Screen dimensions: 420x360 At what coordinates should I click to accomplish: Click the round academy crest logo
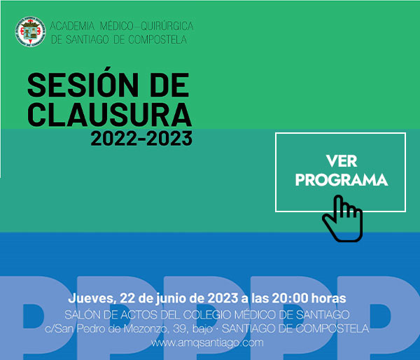coord(30,32)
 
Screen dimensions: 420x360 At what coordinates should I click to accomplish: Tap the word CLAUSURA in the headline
coord(110,114)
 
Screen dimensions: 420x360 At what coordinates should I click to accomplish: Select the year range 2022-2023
coord(141,138)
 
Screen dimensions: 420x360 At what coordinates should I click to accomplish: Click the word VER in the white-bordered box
coord(342,161)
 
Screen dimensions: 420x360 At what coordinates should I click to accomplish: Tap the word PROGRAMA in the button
coord(342,180)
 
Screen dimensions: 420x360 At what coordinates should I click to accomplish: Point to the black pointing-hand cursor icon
coord(343,219)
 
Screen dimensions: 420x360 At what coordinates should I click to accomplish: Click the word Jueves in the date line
coord(91,298)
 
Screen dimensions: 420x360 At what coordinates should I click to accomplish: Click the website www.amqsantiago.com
coord(207,343)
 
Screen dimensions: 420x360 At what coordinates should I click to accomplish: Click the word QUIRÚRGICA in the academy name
coord(167,27)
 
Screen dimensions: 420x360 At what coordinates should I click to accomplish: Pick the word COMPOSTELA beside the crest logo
coord(157,40)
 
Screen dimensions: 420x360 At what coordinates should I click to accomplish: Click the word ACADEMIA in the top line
coord(72,27)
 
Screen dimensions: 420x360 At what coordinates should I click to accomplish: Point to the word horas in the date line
coord(329,298)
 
